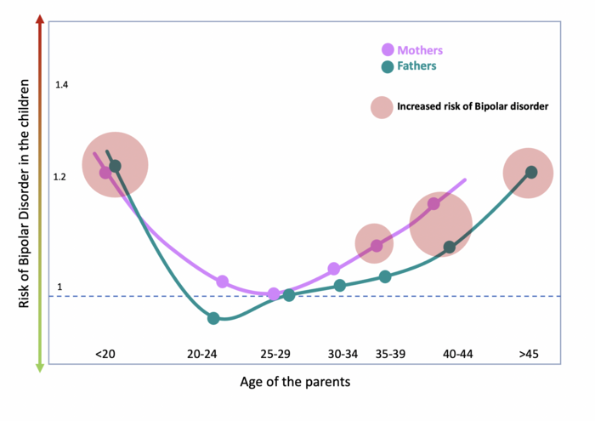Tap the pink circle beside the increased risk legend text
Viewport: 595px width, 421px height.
pyautogui.click(x=381, y=107)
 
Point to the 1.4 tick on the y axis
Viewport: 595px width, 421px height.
pyautogui.click(x=61, y=85)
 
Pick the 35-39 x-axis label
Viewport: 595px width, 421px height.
pyautogui.click(x=389, y=353)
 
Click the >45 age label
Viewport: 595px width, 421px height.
pyautogui.click(x=529, y=353)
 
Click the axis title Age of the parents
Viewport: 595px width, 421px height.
pyautogui.click(x=295, y=382)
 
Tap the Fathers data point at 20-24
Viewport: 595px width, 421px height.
pyautogui.click(x=213, y=318)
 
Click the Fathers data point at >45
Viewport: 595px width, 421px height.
pyautogui.click(x=531, y=172)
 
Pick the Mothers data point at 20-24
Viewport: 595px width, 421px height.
pyautogui.click(x=223, y=282)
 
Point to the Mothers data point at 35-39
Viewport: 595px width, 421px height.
pyautogui.click(x=376, y=246)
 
